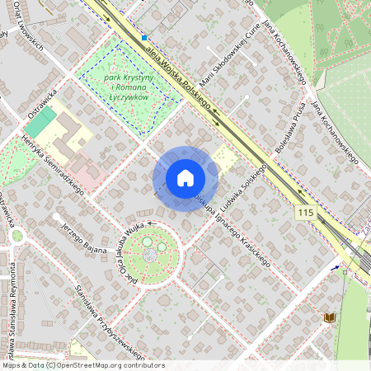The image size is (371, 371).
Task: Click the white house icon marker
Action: coord(185,178)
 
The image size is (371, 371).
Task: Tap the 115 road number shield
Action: coord(305,213)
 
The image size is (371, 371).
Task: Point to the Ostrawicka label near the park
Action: coord(40,96)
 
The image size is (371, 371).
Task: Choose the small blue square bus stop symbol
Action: coord(143,37)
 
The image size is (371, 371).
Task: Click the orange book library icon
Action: coord(330,317)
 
